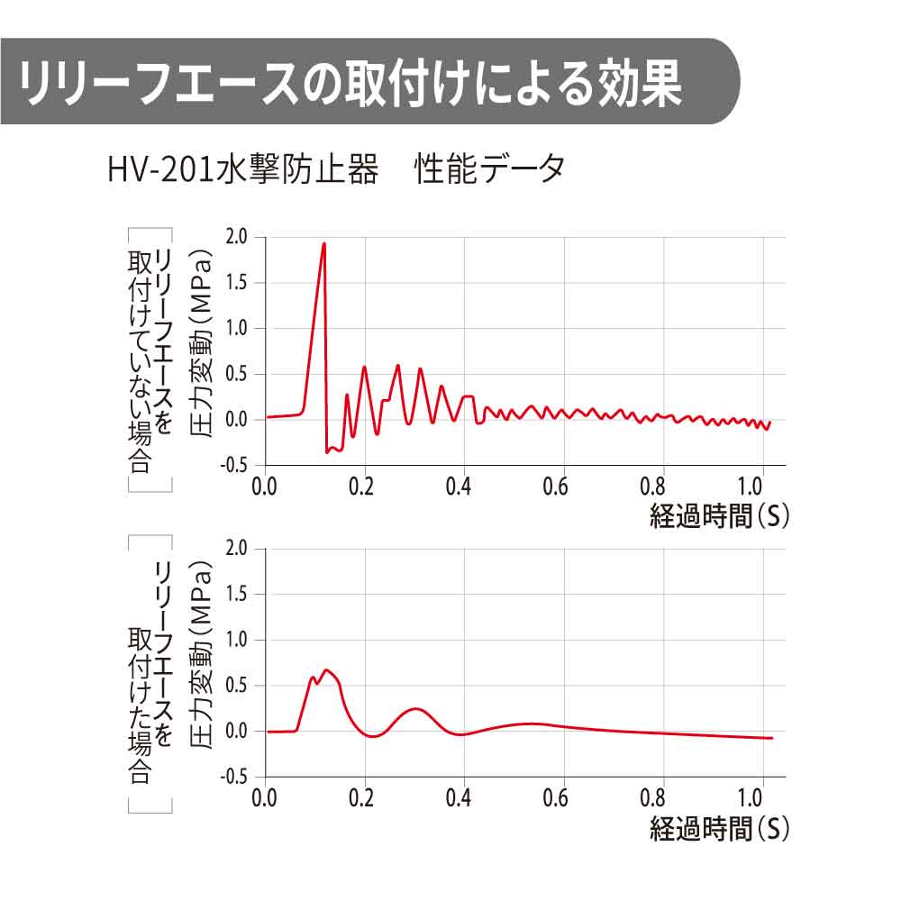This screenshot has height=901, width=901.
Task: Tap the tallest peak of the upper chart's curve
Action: coord(323,243)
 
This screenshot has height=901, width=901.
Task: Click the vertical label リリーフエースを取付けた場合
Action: coord(150,671)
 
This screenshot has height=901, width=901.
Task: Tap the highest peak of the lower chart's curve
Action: coord(326,669)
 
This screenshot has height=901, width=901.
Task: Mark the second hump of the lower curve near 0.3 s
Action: coord(415,708)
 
